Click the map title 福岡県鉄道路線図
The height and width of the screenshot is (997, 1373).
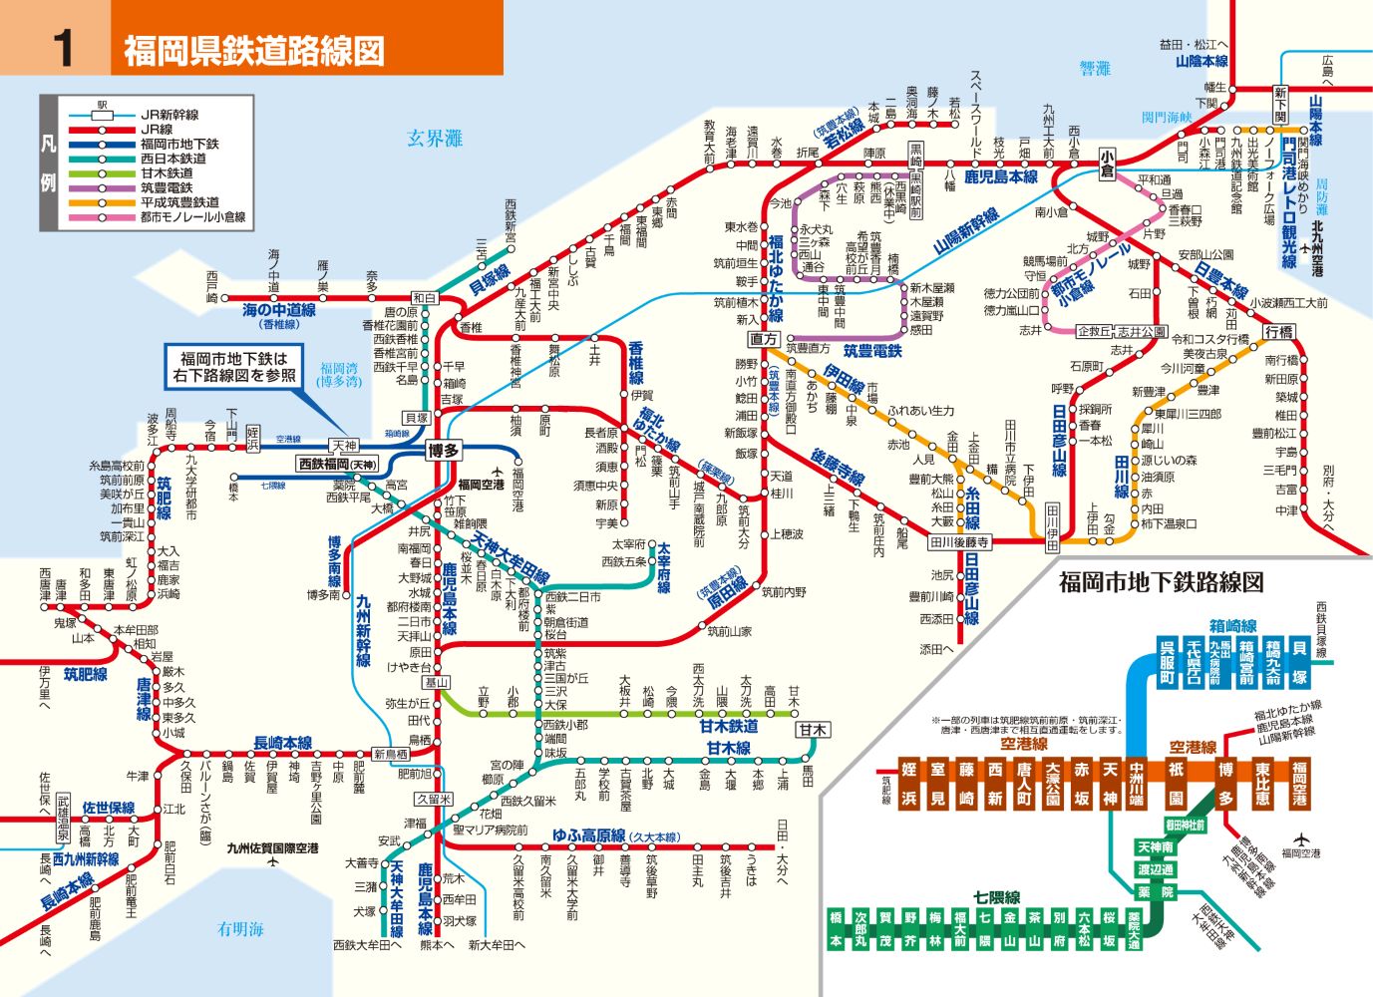click(x=253, y=50)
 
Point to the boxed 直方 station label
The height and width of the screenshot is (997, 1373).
click(x=764, y=339)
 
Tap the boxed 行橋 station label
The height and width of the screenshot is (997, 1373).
click(x=1279, y=331)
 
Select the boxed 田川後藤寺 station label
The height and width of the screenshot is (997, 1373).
click(x=959, y=542)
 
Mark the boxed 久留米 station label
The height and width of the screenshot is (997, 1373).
click(x=435, y=800)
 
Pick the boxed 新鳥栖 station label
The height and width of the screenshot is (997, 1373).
click(x=391, y=754)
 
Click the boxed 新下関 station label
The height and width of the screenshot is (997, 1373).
click(x=1280, y=105)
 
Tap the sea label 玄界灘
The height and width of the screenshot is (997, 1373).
click(x=435, y=139)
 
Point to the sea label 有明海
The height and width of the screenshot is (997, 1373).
click(x=240, y=928)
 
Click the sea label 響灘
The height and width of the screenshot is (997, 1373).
click(x=1095, y=68)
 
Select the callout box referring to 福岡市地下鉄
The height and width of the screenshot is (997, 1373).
click(x=233, y=367)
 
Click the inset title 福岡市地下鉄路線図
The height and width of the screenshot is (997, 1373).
click(x=1161, y=581)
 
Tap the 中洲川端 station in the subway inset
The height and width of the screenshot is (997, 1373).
click(x=1137, y=784)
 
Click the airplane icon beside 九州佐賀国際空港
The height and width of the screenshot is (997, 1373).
click(x=273, y=862)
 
